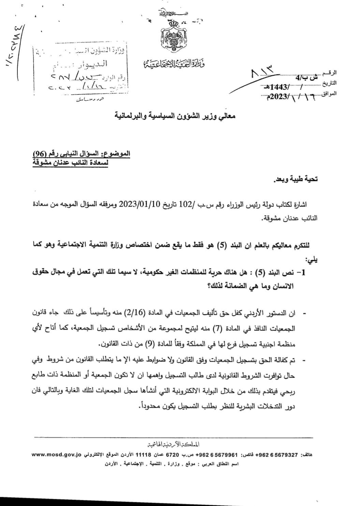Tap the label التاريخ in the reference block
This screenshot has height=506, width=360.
(x=329, y=83)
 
